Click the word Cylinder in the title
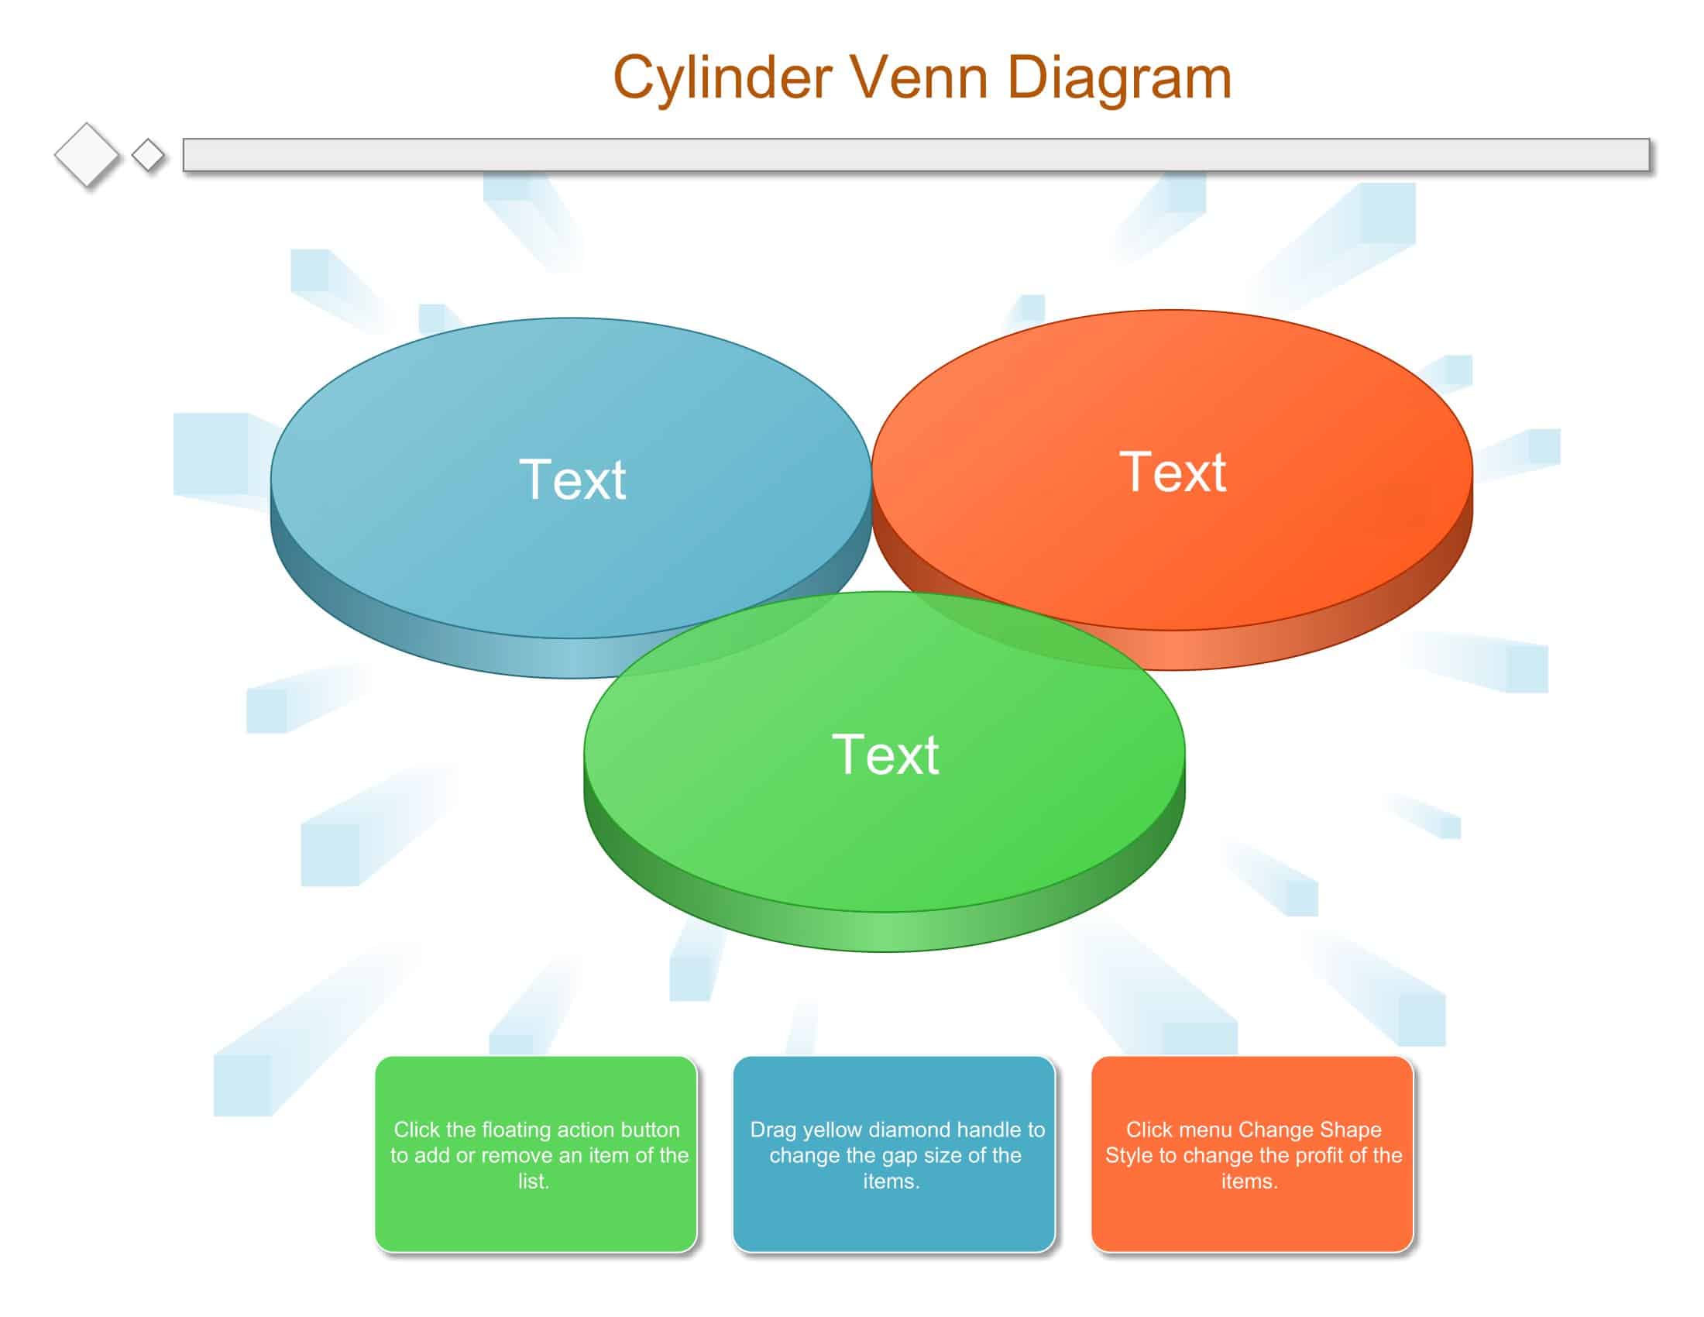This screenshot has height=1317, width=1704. [723, 78]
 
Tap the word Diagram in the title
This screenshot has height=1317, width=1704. [1120, 78]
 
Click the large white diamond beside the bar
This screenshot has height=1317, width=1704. [87, 154]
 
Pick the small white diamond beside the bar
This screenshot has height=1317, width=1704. [147, 154]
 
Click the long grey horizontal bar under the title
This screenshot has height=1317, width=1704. [916, 154]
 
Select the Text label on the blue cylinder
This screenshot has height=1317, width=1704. [572, 479]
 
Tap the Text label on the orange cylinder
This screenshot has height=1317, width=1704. [1173, 471]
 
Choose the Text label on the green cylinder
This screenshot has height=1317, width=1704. [885, 755]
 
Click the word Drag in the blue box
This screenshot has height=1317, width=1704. [773, 1130]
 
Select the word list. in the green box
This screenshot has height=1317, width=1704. [534, 1181]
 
